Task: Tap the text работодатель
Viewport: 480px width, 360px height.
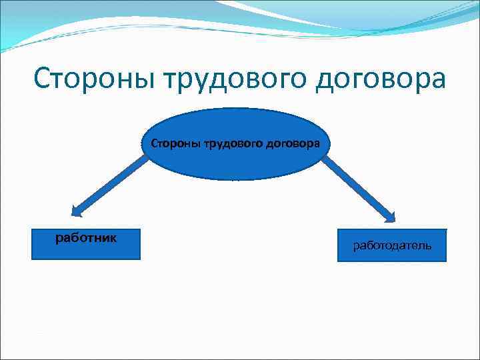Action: click(392, 246)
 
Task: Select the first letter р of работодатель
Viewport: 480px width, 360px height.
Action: click(357, 247)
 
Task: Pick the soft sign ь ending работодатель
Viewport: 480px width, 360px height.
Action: click(427, 246)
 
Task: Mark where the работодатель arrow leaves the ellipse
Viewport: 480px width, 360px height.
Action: click(325, 159)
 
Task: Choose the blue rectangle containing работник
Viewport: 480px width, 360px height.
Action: click(86, 244)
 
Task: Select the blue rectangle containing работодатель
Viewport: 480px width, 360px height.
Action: click(392, 246)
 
